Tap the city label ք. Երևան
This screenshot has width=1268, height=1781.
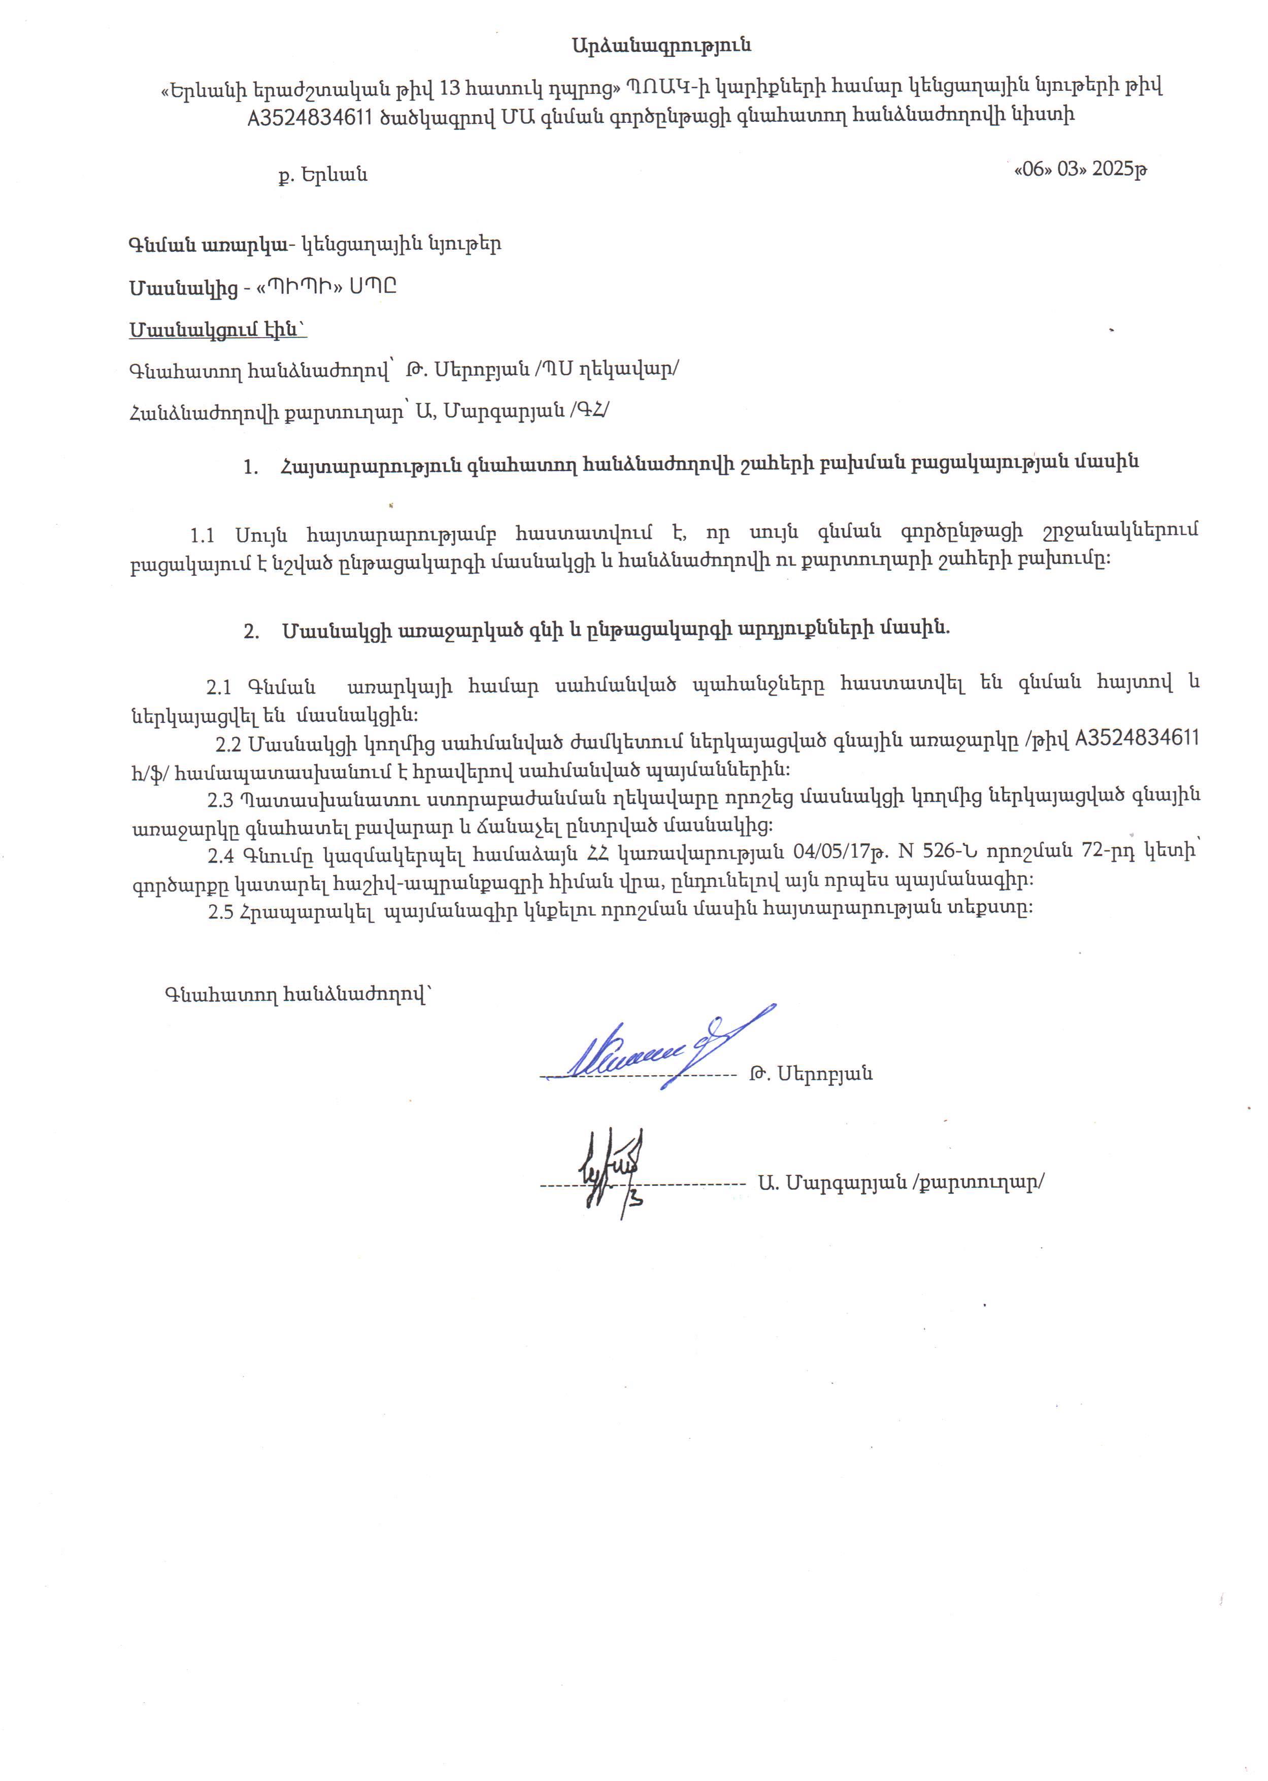322,175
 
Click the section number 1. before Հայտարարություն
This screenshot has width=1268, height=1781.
251,467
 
